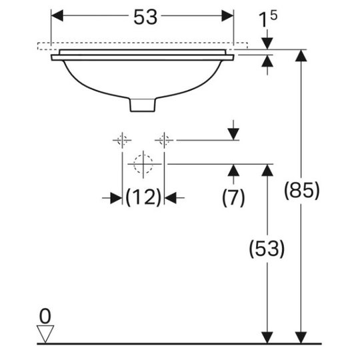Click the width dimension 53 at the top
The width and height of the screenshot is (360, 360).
(x=145, y=17)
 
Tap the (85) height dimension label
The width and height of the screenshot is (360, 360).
(x=302, y=190)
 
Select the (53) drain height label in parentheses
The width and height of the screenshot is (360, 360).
(x=267, y=249)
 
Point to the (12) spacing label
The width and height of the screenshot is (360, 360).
(x=143, y=197)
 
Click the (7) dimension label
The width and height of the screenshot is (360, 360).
(x=233, y=197)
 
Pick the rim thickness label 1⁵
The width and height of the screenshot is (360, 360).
(x=268, y=19)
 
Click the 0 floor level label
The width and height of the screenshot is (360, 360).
(x=45, y=317)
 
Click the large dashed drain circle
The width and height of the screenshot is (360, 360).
(x=143, y=164)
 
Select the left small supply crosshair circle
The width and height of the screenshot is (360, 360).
(x=122, y=140)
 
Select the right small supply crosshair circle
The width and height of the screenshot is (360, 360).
(x=165, y=140)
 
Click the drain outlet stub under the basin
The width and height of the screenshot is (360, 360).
(x=143, y=105)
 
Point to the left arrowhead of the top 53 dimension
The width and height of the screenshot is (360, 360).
(x=57, y=15)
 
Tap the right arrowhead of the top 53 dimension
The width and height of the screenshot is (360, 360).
(x=227, y=15)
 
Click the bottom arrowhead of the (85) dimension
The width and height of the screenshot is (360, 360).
(x=301, y=338)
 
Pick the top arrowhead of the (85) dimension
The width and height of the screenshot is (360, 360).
(x=301, y=55)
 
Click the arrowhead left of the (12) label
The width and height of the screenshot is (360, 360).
(x=116, y=198)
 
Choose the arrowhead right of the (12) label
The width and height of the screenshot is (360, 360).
(x=171, y=198)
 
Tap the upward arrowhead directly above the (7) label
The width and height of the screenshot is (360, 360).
(x=233, y=171)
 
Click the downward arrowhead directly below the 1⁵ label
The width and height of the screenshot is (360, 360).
(x=267, y=43)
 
